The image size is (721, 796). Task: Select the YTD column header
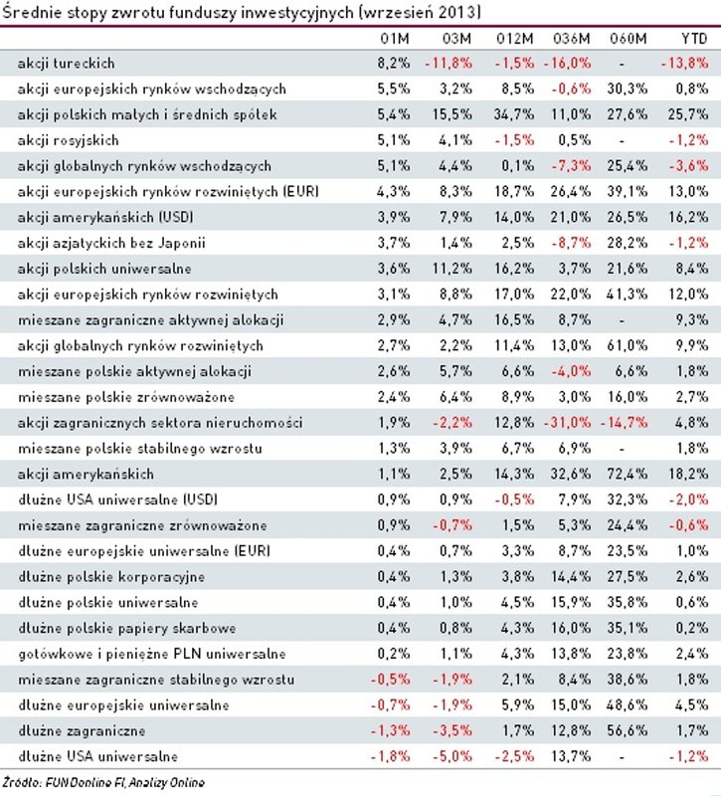tap(692, 38)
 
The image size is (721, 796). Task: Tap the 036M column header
tap(571, 38)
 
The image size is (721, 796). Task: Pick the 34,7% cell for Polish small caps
tap(514, 114)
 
